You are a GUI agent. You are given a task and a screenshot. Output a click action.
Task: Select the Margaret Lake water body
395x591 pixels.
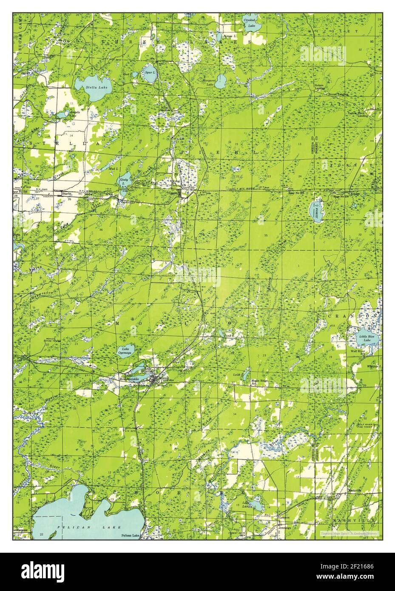click(x=220, y=80)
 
